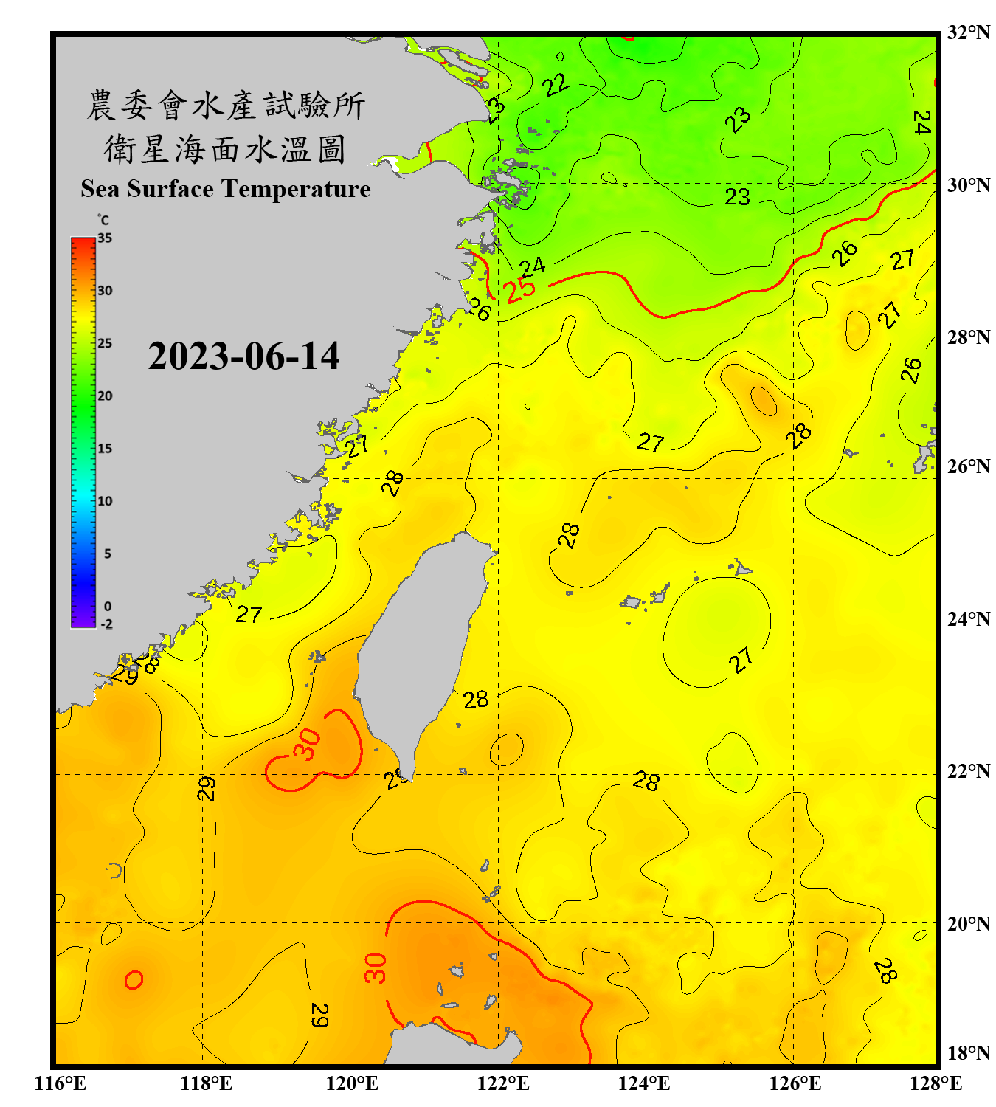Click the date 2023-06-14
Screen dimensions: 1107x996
tap(243, 356)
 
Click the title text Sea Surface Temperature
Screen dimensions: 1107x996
tap(225, 189)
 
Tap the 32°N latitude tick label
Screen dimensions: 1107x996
tap(968, 32)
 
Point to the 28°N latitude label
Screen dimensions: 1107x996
tap(968, 337)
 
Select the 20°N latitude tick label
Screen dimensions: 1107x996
tap(968, 923)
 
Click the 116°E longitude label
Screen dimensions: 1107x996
tap(60, 1083)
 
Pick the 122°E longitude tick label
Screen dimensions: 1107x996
tap(503, 1083)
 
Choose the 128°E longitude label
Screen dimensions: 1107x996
tap(936, 1083)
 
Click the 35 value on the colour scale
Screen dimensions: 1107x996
tap(105, 238)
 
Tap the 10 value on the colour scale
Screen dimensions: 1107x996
tap(105, 501)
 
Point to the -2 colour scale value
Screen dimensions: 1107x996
tap(106, 624)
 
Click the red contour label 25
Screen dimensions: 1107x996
tap(521, 289)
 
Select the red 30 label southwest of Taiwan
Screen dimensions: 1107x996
tap(308, 744)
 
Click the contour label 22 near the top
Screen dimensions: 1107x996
tap(556, 85)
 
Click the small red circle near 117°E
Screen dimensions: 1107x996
tap(134, 980)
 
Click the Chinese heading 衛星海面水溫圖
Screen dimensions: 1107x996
tap(225, 149)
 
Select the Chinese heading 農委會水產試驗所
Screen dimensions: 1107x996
tap(225, 105)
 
